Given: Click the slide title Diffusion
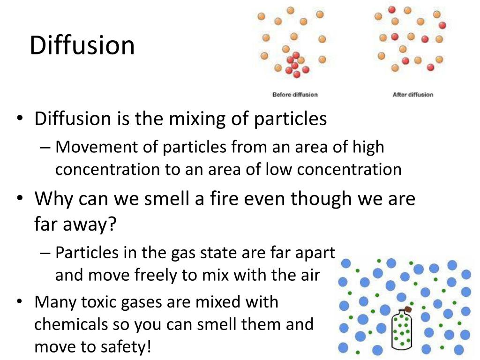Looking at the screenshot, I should pyautogui.click(x=82, y=46).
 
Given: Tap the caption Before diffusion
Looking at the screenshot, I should pyautogui.click(x=295, y=95).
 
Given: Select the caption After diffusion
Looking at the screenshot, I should pyautogui.click(x=412, y=95).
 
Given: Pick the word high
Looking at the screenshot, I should pyautogui.click(x=369, y=147).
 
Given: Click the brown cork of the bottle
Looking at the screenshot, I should pyautogui.click(x=407, y=309).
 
